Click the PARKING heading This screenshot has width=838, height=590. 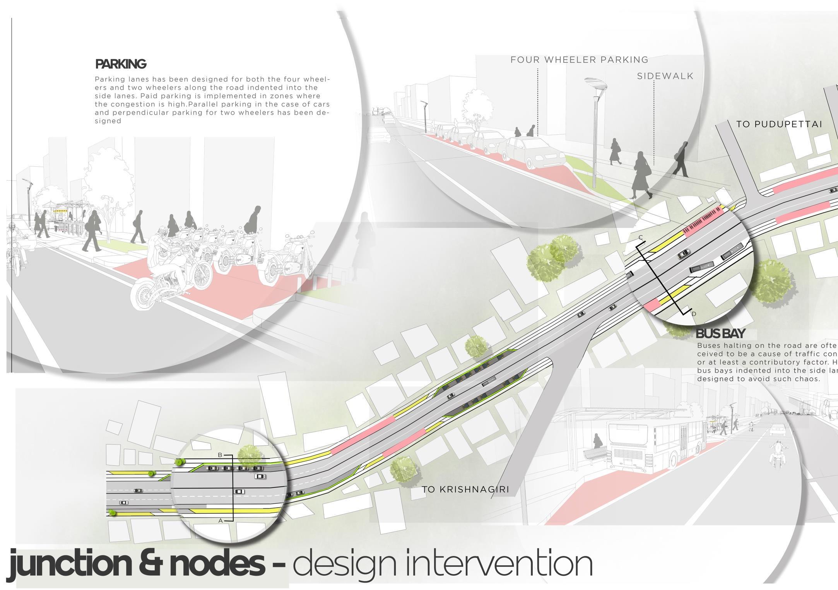(120, 64)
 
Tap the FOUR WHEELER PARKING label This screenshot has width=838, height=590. (579, 60)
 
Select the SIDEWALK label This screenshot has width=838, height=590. (665, 76)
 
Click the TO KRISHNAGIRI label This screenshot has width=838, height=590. (465, 489)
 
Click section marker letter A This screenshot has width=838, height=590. (221, 521)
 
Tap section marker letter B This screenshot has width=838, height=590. (220, 455)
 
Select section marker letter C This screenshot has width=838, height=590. (641, 238)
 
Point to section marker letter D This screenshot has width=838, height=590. (694, 314)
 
